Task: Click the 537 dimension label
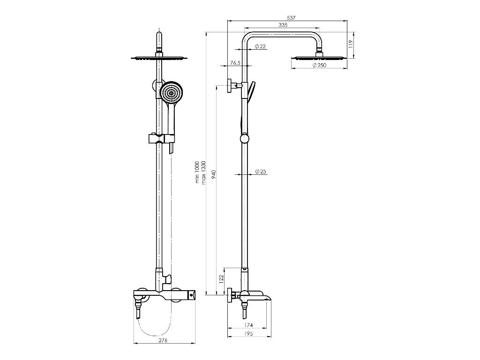(291, 18)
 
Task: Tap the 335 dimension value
(283, 25)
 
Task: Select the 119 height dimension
(351, 44)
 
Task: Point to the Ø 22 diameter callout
(260, 46)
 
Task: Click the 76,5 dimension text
(235, 63)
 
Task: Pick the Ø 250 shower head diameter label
(319, 65)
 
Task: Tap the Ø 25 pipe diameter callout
(261, 172)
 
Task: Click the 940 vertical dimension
(214, 174)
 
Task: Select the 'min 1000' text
(197, 172)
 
